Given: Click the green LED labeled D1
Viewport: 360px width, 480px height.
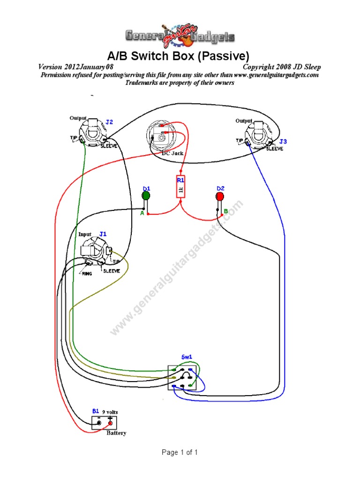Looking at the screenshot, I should [146, 195].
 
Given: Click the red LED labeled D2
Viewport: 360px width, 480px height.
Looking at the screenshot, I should [219, 196].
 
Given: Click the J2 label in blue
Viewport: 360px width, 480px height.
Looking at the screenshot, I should [109, 122].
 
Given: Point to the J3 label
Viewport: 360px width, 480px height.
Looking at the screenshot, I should [283, 141].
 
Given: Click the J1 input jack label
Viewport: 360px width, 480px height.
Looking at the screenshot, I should [103, 233].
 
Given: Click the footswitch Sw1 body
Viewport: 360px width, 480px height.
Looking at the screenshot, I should [182, 378].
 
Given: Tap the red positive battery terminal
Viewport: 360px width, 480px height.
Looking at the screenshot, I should [111, 424].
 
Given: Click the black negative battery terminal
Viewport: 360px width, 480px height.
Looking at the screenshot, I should [98, 424].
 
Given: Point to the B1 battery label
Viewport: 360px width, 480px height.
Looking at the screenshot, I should [95, 411].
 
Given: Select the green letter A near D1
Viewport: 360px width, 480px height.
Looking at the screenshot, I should [142, 213].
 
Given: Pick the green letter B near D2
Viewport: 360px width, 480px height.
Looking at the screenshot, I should [225, 211].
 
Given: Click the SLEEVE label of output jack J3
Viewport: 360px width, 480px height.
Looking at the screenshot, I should [275, 149].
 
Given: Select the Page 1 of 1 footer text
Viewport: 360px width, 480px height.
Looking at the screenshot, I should [180, 452].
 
